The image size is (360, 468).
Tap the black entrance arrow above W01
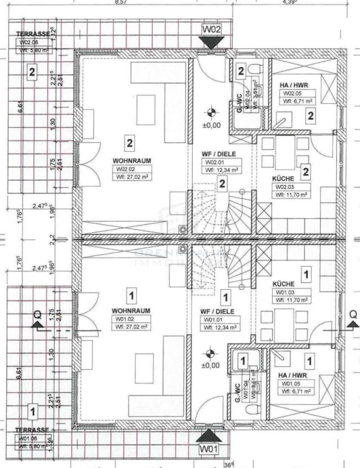211,435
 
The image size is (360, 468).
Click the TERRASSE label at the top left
33,34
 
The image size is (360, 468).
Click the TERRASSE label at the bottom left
33,430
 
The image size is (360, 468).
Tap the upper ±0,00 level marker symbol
211,112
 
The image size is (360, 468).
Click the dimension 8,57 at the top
121,3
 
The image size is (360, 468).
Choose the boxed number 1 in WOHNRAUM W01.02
131,295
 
